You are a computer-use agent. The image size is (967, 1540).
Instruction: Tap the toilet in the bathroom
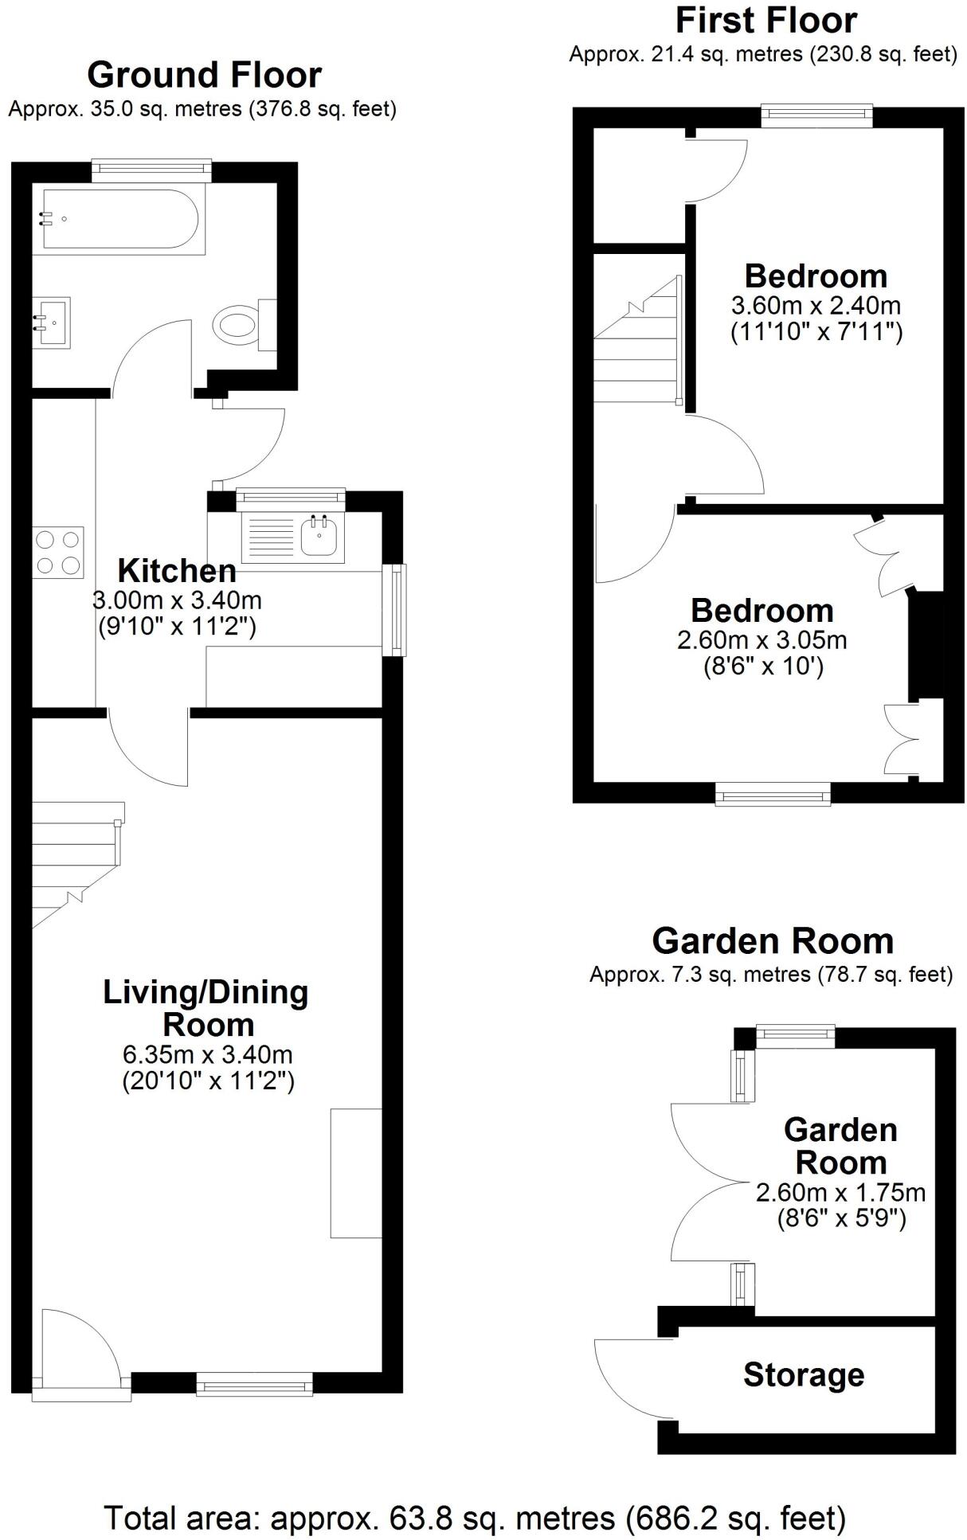pos(237,325)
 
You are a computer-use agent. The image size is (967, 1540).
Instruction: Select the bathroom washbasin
pos(53,322)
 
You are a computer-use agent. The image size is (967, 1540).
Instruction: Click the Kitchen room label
pos(177,571)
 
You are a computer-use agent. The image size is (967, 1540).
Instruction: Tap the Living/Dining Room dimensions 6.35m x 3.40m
pos(207,1054)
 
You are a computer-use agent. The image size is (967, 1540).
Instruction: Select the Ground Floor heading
pos(204,75)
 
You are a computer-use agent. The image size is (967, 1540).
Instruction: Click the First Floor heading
pos(765,21)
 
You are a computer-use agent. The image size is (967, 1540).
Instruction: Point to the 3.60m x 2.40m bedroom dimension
pos(816,305)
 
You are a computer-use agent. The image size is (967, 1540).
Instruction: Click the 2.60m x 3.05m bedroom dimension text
pos(761,639)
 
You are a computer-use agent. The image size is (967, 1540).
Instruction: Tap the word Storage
pos(803,1374)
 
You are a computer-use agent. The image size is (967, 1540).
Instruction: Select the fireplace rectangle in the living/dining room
pos(356,1172)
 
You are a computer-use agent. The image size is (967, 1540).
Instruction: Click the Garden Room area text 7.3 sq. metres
pos(770,974)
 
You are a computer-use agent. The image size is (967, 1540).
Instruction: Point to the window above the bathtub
pos(151,166)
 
